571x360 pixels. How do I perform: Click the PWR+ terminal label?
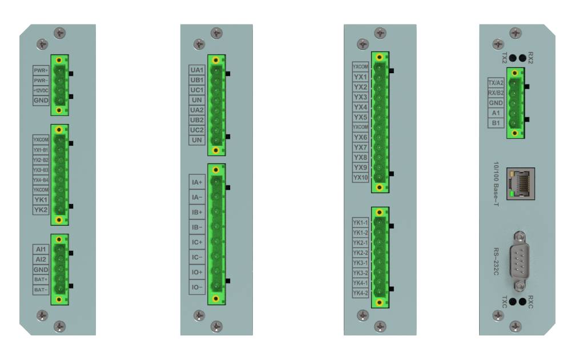41,70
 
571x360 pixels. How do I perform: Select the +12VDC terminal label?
41,90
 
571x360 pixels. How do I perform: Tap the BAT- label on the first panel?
41,290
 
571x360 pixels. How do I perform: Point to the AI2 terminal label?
41,259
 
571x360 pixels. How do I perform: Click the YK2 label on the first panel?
41,210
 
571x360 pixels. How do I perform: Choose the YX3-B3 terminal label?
41,170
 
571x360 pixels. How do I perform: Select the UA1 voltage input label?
196,70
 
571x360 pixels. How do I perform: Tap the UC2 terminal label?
196,130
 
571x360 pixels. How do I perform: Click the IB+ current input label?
196,212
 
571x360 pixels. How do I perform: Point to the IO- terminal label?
196,287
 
